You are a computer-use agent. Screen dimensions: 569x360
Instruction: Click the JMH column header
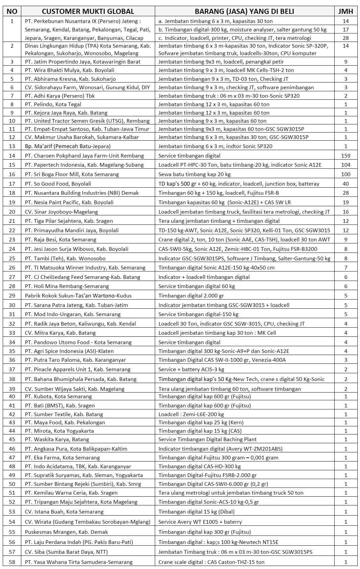click(345, 11)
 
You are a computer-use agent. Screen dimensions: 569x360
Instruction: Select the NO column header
click(12, 11)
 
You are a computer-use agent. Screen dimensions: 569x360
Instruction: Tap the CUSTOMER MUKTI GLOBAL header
click(88, 11)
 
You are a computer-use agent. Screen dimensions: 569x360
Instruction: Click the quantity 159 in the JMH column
click(345, 156)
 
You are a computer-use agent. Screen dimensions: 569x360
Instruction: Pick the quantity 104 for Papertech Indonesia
click(345, 165)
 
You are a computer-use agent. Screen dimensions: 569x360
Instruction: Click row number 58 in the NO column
click(12, 562)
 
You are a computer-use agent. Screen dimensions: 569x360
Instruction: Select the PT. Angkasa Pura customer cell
click(76, 449)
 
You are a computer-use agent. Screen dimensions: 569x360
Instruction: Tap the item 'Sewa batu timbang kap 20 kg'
click(194, 174)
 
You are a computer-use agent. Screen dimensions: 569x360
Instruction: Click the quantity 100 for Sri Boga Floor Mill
click(345, 174)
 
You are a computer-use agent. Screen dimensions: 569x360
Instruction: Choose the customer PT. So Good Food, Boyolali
click(63, 184)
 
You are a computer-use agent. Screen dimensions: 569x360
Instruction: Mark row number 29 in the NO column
click(12, 295)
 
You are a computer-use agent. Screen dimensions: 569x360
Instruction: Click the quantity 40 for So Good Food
click(345, 184)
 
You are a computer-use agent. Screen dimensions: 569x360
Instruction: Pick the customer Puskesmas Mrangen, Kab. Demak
click(66, 532)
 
